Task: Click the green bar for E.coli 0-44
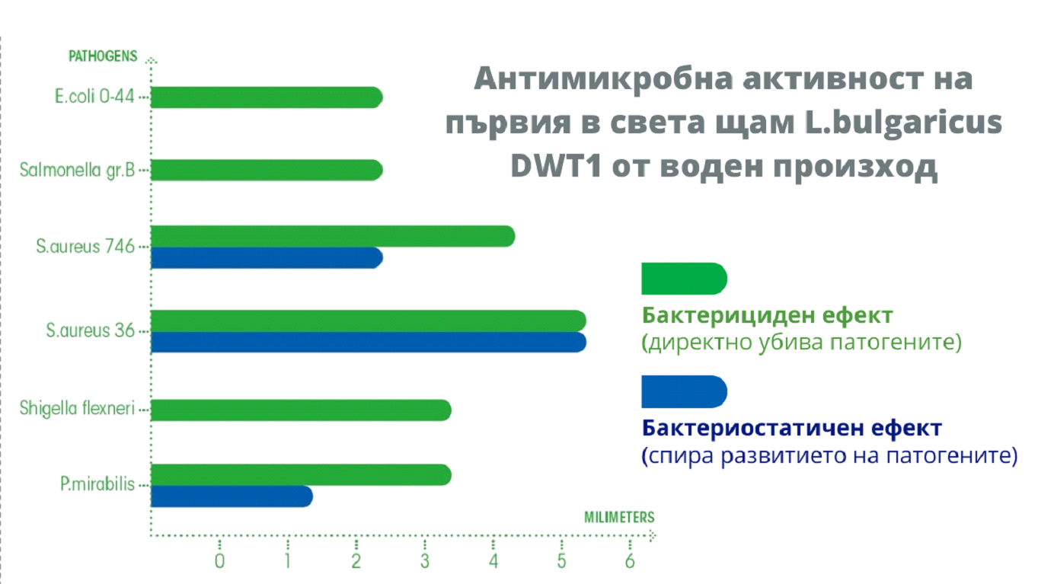(x=267, y=97)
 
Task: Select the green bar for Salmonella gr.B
(x=267, y=171)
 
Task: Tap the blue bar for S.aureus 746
(x=267, y=258)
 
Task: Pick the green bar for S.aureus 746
(x=333, y=237)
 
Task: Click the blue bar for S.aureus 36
(x=369, y=343)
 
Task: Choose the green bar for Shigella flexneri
(x=301, y=410)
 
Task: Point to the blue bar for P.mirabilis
(x=232, y=496)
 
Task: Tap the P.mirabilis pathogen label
(x=97, y=485)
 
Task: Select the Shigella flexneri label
(x=77, y=410)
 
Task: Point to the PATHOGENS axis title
(x=103, y=56)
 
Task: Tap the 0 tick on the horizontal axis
(x=219, y=562)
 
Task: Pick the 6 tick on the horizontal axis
(x=630, y=562)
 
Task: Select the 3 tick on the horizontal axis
(x=425, y=562)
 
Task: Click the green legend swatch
(x=684, y=279)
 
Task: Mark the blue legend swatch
(x=684, y=391)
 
